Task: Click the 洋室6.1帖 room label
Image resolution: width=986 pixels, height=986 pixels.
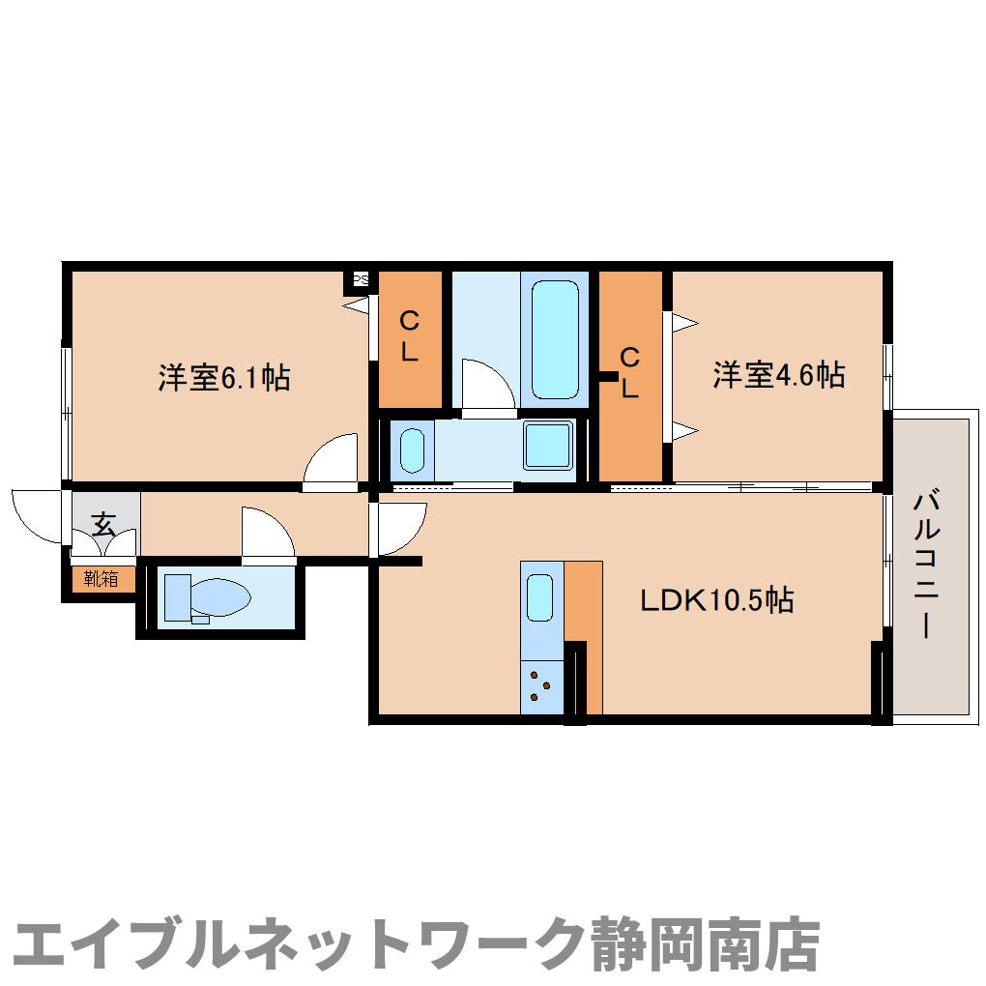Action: (x=224, y=378)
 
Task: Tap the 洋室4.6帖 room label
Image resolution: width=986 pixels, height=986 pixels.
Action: (x=778, y=374)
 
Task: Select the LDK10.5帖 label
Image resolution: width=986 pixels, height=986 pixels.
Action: (x=717, y=600)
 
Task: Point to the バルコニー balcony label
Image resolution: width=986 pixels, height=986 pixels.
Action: (x=925, y=565)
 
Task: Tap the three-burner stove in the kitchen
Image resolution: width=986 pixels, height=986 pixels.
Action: (x=541, y=685)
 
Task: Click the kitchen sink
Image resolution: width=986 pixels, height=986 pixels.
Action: (x=540, y=598)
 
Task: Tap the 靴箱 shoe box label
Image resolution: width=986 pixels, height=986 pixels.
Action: (x=101, y=579)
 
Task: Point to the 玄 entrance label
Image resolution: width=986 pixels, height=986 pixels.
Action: (x=103, y=525)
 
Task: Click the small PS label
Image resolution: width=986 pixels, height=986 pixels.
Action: (x=361, y=280)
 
